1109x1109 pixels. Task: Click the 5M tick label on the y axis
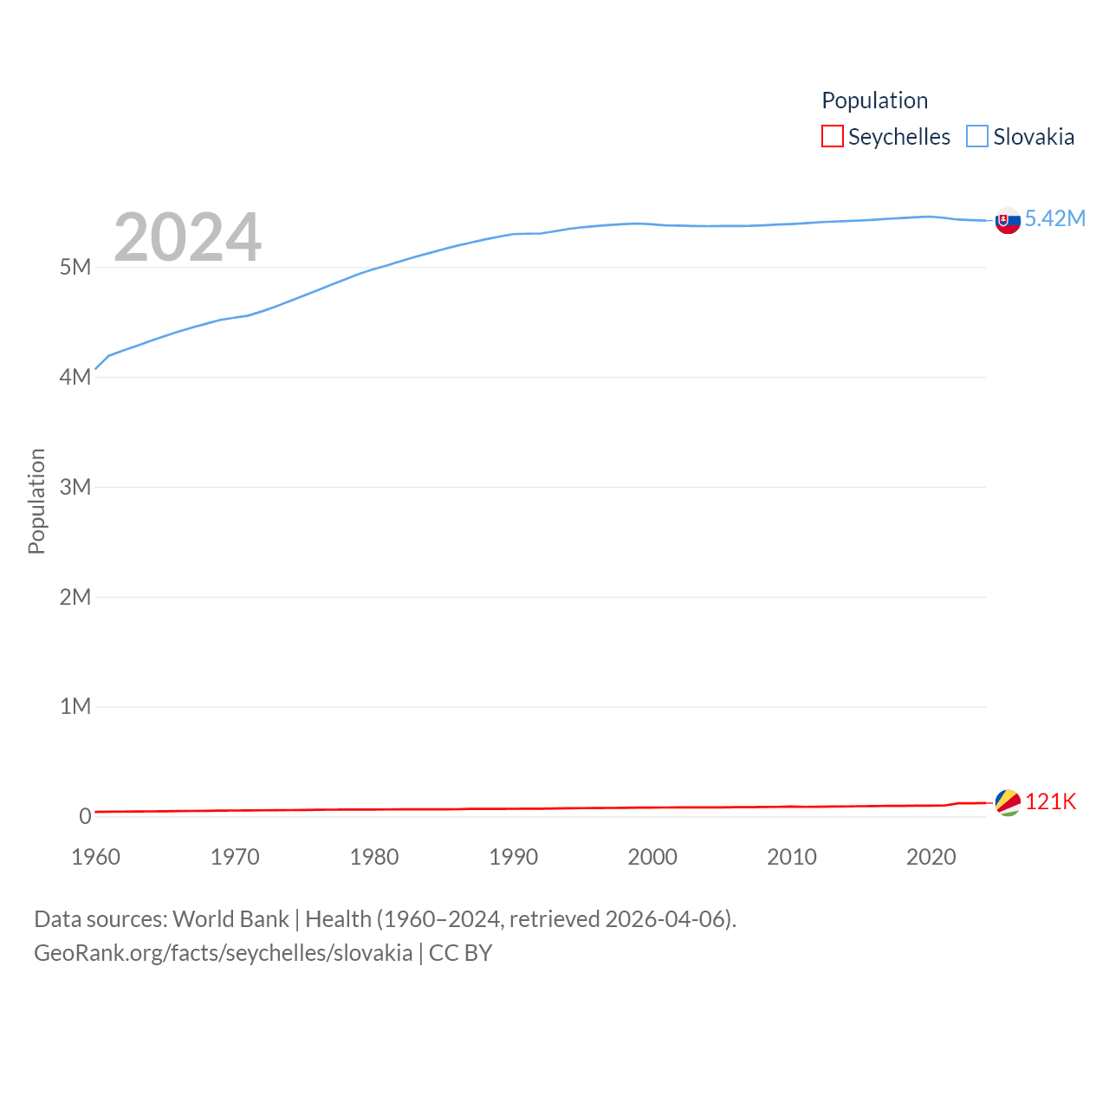point(75,267)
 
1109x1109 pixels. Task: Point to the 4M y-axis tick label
point(75,377)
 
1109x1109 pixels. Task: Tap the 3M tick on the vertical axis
point(75,487)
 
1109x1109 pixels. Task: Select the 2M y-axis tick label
point(75,597)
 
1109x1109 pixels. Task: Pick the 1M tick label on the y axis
point(75,706)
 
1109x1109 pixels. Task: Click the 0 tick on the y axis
point(85,816)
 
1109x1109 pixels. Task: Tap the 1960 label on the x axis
point(96,857)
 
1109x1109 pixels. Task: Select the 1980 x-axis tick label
point(374,857)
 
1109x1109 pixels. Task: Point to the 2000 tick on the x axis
point(652,857)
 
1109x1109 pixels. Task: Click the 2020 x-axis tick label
point(931,857)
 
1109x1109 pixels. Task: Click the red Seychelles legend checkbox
point(833,137)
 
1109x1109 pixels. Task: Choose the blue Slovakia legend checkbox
point(977,137)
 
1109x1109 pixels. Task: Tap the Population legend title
point(874,101)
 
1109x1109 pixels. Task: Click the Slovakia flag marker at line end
point(1008,221)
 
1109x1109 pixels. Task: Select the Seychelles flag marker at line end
point(1008,802)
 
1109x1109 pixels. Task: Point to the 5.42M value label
point(1055,218)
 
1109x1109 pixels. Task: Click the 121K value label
point(1050,801)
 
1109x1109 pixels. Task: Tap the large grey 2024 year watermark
point(187,237)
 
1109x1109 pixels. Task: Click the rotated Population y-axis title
point(36,501)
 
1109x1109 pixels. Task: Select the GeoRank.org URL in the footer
point(224,953)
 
